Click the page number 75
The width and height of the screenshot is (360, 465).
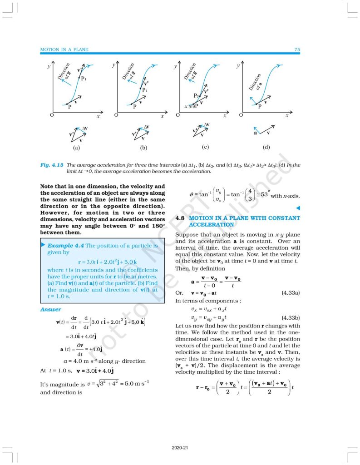click(297, 49)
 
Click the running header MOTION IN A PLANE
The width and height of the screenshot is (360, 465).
click(64, 49)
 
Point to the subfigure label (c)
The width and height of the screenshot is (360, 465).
click(205, 147)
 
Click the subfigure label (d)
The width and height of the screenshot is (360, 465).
click(266, 148)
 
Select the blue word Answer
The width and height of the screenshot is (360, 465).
click(50, 310)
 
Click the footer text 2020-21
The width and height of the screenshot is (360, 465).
click(180, 447)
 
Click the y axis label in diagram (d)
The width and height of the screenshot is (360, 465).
click(237, 66)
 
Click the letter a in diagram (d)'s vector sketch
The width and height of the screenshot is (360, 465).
click(256, 134)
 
